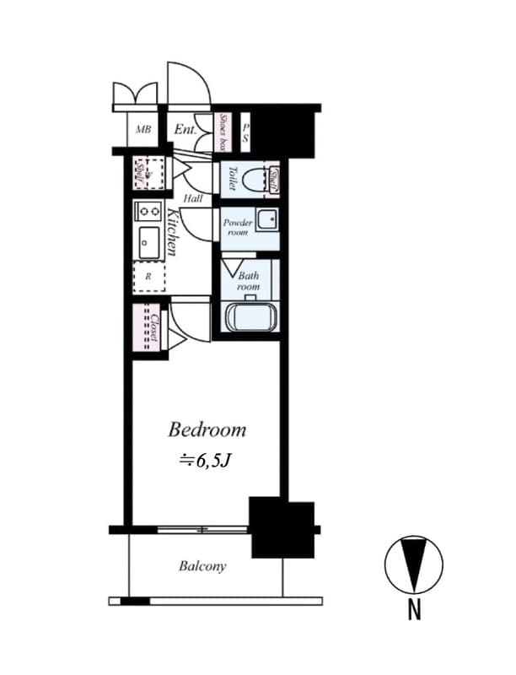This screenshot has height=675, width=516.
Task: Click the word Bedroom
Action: coord(207,429)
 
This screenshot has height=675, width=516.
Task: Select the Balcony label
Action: coord(202,566)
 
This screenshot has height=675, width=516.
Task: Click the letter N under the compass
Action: coord(414,610)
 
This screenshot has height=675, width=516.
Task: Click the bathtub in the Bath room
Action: coord(250,318)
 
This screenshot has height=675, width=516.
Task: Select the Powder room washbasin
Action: coord(267,219)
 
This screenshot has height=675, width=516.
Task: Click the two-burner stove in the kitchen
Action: coord(148,211)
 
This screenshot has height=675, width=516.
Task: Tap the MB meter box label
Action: coord(144,130)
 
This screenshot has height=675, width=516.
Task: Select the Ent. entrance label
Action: coord(185,130)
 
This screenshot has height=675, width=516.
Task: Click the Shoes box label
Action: coord(224,132)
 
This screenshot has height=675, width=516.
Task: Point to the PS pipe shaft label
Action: coord(245,132)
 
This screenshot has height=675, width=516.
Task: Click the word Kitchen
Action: coord(171,232)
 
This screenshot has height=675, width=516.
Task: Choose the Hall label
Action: coord(193,198)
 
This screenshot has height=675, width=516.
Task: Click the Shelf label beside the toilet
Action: coord(275,178)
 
